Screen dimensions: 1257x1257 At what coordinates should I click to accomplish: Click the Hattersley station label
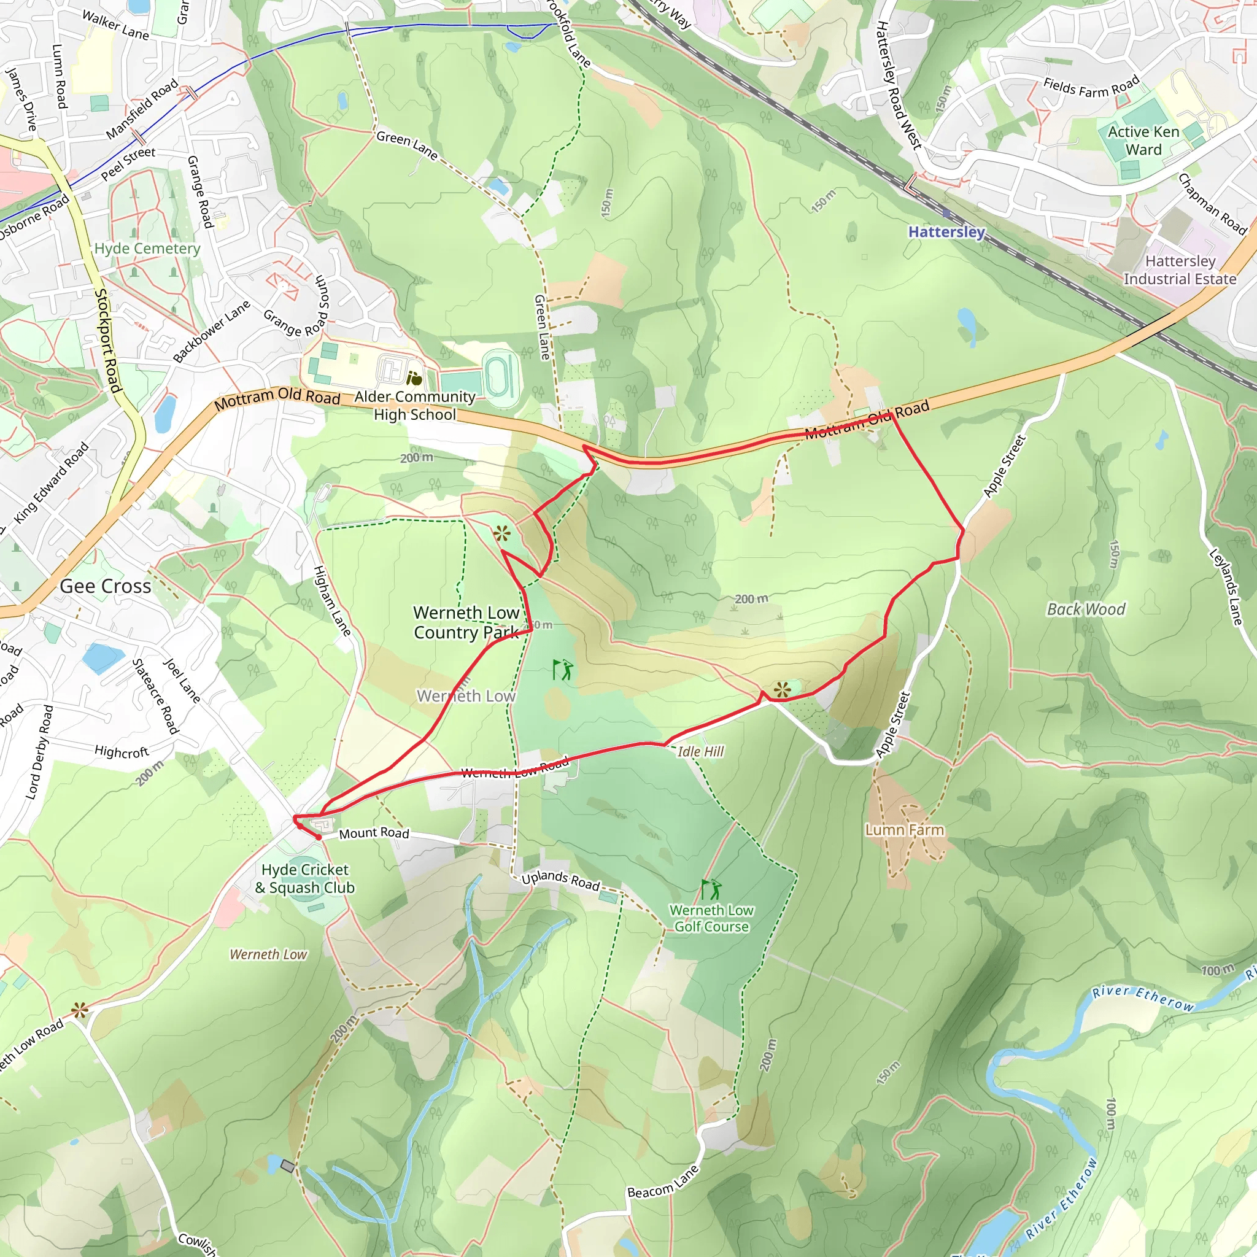(x=946, y=231)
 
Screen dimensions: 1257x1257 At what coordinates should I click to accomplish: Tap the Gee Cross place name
(x=106, y=586)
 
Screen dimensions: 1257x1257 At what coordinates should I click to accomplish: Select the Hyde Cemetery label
(x=147, y=249)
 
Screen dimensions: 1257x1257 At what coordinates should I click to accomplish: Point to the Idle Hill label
(x=700, y=751)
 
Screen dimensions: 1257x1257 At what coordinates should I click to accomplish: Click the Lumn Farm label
(x=903, y=830)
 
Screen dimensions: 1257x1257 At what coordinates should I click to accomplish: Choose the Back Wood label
(x=1085, y=609)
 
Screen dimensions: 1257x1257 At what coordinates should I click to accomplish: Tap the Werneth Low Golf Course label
(x=711, y=918)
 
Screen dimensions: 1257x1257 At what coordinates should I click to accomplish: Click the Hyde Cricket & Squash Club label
(x=304, y=878)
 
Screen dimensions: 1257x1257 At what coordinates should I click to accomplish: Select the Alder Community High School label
(x=414, y=405)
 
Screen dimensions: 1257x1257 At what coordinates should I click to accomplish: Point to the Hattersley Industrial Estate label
(x=1180, y=270)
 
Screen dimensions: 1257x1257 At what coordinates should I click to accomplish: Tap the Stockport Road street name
(x=108, y=340)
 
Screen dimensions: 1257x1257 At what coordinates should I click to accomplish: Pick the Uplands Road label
(x=560, y=880)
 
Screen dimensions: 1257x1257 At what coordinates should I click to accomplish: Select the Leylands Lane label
(x=1226, y=587)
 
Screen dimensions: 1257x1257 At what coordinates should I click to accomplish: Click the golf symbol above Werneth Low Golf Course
(x=711, y=889)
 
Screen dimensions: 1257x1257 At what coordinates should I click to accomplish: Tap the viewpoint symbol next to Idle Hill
(x=782, y=690)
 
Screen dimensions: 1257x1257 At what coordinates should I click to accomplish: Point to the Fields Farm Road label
(x=1091, y=87)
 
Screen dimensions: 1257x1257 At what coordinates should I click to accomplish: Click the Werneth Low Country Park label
(x=466, y=622)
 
